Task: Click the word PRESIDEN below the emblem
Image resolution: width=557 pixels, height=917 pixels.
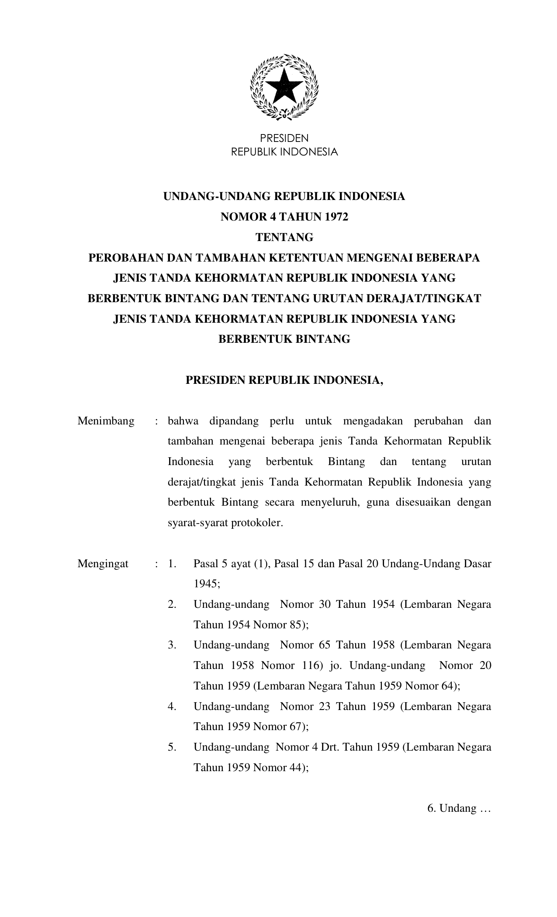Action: tap(284, 138)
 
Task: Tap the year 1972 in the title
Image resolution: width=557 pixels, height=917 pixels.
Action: tap(336, 217)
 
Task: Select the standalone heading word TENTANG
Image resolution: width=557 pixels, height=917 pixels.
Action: tap(284, 238)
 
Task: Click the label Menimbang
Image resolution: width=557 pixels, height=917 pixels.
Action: tap(106, 421)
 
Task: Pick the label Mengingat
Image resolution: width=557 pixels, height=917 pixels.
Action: tap(103, 564)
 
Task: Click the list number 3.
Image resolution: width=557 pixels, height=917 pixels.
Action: tap(172, 645)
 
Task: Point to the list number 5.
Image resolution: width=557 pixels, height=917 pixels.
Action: tap(172, 747)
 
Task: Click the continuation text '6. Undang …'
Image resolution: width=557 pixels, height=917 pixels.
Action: tap(459, 808)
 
